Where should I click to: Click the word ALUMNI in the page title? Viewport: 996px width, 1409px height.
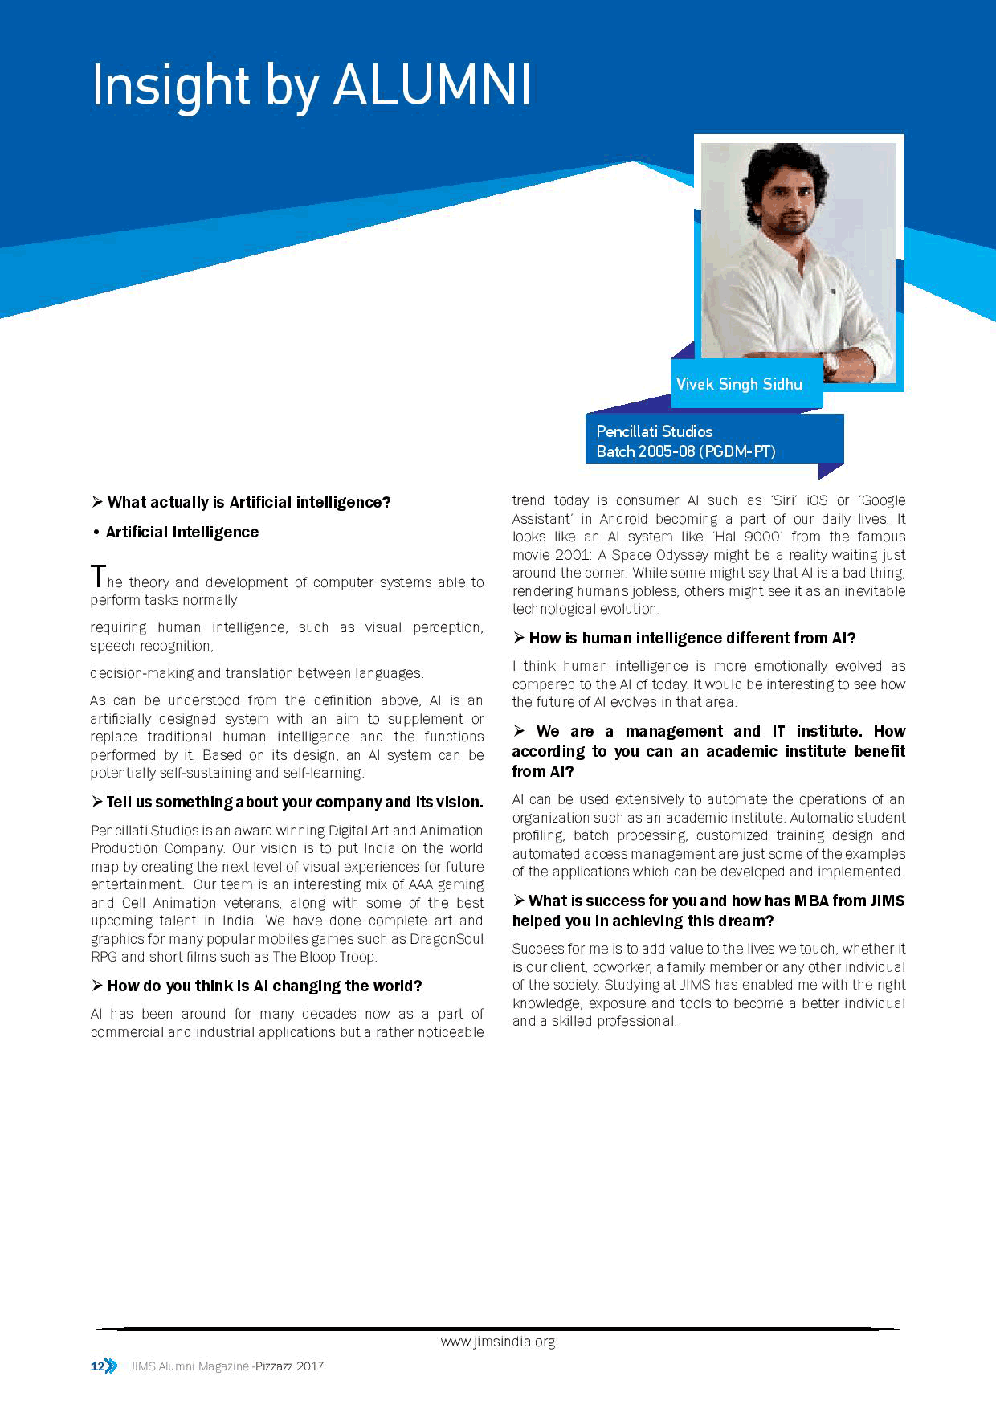432,85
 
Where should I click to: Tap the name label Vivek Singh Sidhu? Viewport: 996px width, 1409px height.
739,384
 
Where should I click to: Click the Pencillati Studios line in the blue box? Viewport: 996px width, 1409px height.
655,431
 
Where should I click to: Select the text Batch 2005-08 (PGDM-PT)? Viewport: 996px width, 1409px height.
686,451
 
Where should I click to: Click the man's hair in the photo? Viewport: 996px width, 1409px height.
786,165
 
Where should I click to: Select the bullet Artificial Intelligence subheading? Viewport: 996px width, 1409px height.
182,532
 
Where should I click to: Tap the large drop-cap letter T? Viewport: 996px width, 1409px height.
98,576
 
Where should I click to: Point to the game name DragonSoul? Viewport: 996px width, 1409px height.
447,939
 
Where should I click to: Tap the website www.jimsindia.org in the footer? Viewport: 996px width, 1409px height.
497,1342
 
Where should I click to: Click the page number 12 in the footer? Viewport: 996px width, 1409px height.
96,1366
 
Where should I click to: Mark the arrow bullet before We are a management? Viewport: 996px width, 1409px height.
520,731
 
